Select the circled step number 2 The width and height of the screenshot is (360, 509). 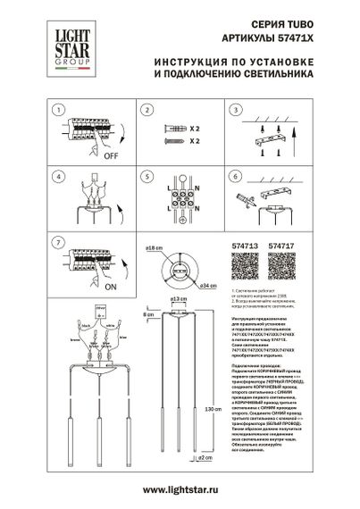coord(145,110)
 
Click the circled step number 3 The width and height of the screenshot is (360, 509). coord(233,110)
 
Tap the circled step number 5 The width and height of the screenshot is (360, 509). coord(145,176)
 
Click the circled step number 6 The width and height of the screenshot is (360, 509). coord(233,176)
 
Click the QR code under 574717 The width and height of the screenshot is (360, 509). coord(283,267)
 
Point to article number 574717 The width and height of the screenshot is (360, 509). coord(283,245)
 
